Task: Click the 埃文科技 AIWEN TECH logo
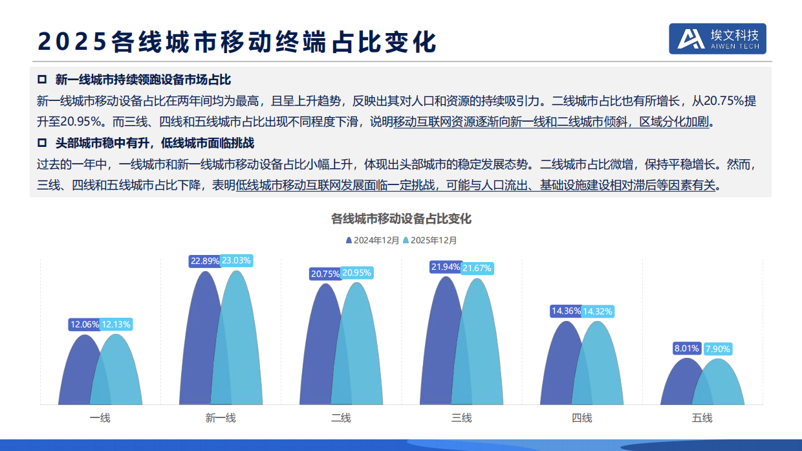click(x=717, y=39)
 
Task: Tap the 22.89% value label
click(x=204, y=261)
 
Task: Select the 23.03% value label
click(x=236, y=261)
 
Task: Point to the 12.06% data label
click(x=85, y=324)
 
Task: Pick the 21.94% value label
click(x=446, y=267)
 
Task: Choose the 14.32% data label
click(x=597, y=311)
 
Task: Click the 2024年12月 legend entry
click(x=373, y=240)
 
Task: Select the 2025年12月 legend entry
click(x=430, y=240)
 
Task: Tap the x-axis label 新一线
click(x=221, y=418)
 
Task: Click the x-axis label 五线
click(x=702, y=418)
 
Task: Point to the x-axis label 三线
click(x=461, y=418)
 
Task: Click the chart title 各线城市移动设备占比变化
click(x=401, y=219)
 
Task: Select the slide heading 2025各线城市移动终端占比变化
click(x=237, y=41)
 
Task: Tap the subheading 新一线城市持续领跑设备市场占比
click(x=142, y=80)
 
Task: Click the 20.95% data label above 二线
click(x=356, y=273)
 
